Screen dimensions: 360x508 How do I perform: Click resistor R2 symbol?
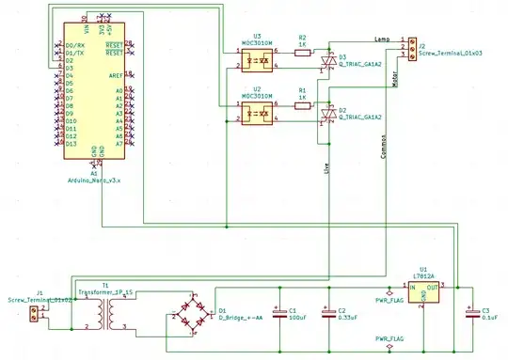[303, 54]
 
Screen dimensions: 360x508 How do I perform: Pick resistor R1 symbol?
[303, 107]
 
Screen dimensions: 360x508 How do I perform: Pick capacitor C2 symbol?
[327, 311]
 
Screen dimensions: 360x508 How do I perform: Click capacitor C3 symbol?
[468, 312]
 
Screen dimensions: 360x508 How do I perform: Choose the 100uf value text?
[297, 318]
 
